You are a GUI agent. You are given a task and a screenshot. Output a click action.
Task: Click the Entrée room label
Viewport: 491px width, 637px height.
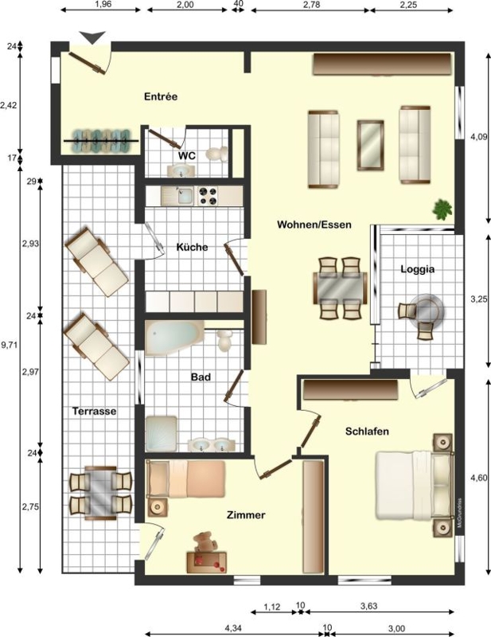(x=161, y=96)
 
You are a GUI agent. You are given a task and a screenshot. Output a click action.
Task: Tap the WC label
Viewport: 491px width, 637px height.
(x=187, y=156)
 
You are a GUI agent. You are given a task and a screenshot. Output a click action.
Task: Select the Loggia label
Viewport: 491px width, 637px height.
(x=418, y=269)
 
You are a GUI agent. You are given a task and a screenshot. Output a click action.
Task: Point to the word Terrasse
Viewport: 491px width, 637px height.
(x=94, y=411)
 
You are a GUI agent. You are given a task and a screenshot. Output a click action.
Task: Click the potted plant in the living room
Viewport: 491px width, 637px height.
(x=442, y=209)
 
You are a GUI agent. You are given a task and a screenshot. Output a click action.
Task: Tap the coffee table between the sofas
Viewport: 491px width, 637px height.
(x=370, y=145)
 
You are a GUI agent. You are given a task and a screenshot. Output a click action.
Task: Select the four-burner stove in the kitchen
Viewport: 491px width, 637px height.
(x=208, y=196)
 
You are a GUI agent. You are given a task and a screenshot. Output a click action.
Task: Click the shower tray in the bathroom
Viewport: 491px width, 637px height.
(x=162, y=433)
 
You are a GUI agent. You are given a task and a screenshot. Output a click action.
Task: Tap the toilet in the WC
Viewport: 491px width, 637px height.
(x=218, y=154)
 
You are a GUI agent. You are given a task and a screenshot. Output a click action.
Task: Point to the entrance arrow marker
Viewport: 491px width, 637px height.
(x=92, y=37)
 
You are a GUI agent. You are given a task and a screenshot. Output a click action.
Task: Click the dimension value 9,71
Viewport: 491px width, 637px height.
(x=9, y=346)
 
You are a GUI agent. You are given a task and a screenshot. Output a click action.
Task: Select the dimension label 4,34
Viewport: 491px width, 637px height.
(x=233, y=628)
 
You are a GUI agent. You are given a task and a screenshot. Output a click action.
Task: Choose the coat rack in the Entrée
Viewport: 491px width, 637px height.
(x=101, y=141)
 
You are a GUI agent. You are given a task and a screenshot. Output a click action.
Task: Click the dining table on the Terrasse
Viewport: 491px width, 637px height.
(x=100, y=493)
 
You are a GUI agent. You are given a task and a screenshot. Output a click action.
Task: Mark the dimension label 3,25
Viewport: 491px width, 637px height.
(x=478, y=299)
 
